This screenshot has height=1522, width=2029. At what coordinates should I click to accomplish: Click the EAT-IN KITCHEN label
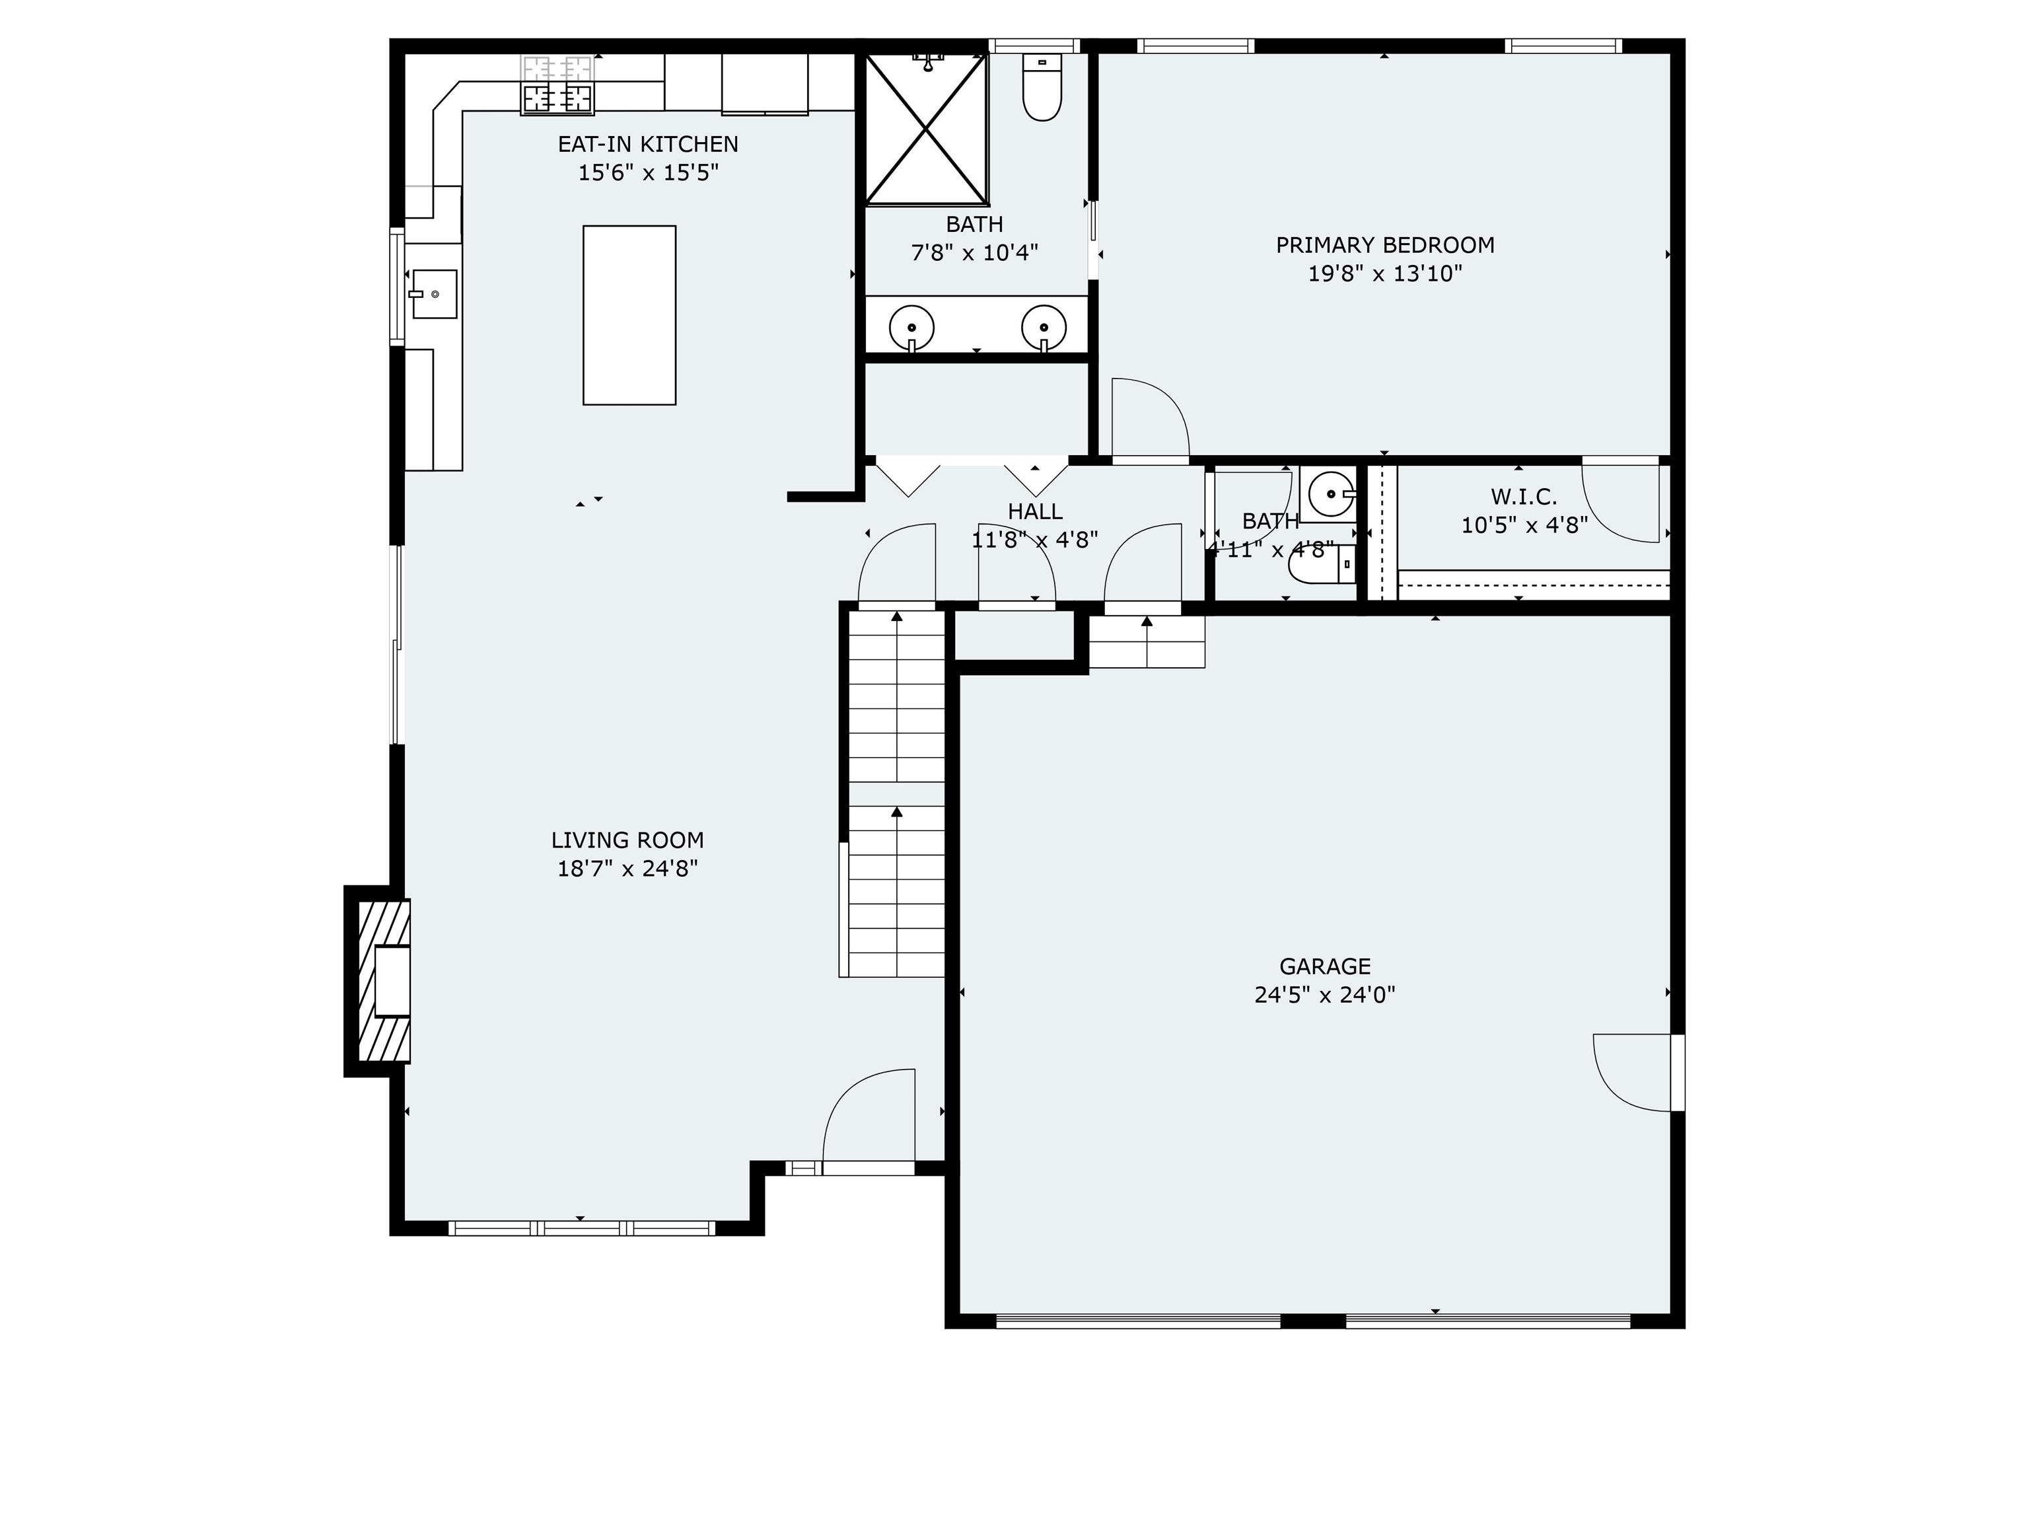647,144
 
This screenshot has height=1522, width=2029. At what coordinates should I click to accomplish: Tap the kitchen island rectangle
629,314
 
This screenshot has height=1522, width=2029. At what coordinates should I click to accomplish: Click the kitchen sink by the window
434,293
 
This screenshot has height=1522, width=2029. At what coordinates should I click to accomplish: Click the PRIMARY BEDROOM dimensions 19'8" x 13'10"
1384,273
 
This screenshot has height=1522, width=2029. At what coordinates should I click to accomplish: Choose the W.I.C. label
1524,497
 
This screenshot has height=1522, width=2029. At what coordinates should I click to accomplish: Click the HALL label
1035,512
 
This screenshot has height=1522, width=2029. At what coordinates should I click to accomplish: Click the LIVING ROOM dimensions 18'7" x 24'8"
627,868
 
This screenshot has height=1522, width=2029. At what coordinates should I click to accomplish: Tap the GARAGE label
1324,966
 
